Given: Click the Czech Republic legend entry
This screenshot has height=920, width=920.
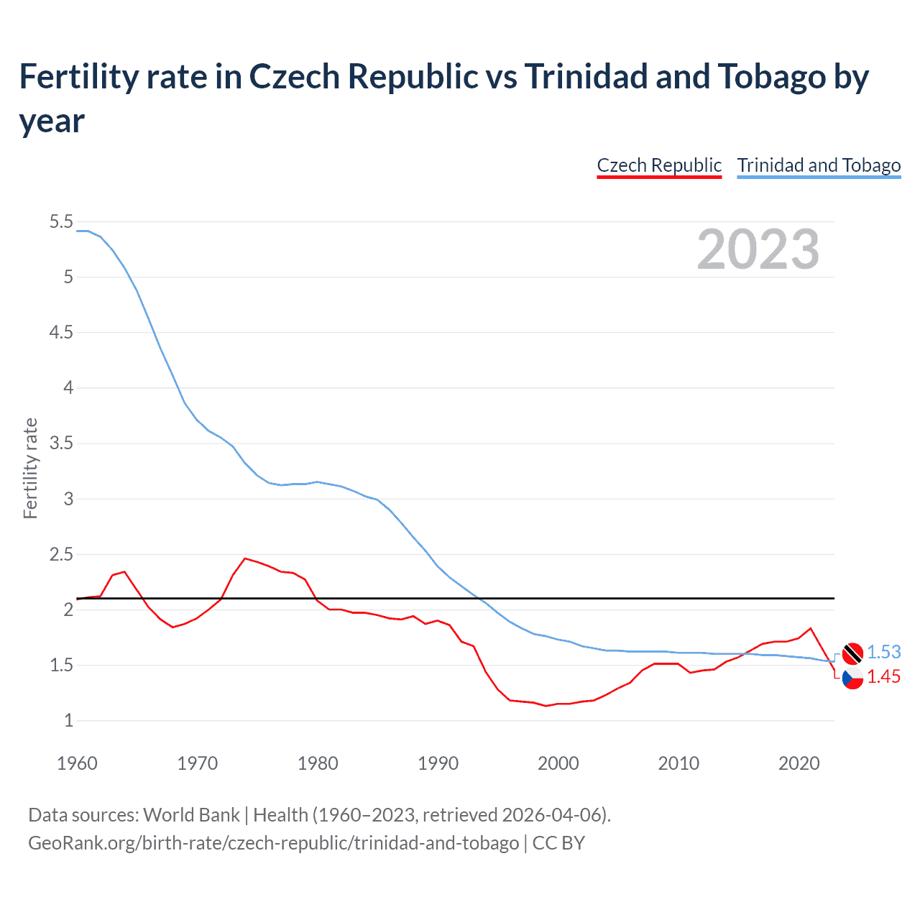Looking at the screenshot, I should pos(659,165).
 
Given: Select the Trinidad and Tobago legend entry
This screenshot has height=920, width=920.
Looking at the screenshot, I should pos(819,165).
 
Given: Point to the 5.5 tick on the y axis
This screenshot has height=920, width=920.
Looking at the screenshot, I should pos(61,222).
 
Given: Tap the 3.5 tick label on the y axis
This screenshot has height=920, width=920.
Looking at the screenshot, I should pos(61,443).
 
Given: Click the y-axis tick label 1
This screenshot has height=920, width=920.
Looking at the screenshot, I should pos(68,721).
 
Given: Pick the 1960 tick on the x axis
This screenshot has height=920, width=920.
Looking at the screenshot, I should pos(77,763).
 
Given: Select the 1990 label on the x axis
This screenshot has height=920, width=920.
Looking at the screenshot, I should pos(438,763).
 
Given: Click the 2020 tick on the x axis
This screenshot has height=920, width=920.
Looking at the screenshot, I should pos(799,763).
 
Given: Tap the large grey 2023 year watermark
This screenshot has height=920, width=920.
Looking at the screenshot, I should pos(758,249).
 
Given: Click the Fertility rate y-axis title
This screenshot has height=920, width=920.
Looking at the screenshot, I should pos(30,468).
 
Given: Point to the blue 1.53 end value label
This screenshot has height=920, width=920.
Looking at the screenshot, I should pos(883,652).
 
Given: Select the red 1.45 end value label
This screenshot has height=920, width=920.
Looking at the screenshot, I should pos(883,677).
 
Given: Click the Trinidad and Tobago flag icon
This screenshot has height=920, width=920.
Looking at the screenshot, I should pos(852,653).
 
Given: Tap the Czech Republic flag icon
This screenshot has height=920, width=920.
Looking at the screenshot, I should pos(852,678).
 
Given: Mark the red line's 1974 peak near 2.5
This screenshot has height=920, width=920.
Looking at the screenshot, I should pos(245,558).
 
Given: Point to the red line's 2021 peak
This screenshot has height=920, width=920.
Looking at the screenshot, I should pos(811,628).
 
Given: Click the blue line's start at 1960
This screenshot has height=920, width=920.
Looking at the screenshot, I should pos(78,231).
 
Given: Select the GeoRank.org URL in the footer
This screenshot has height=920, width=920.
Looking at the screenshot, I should pos(273,842).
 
